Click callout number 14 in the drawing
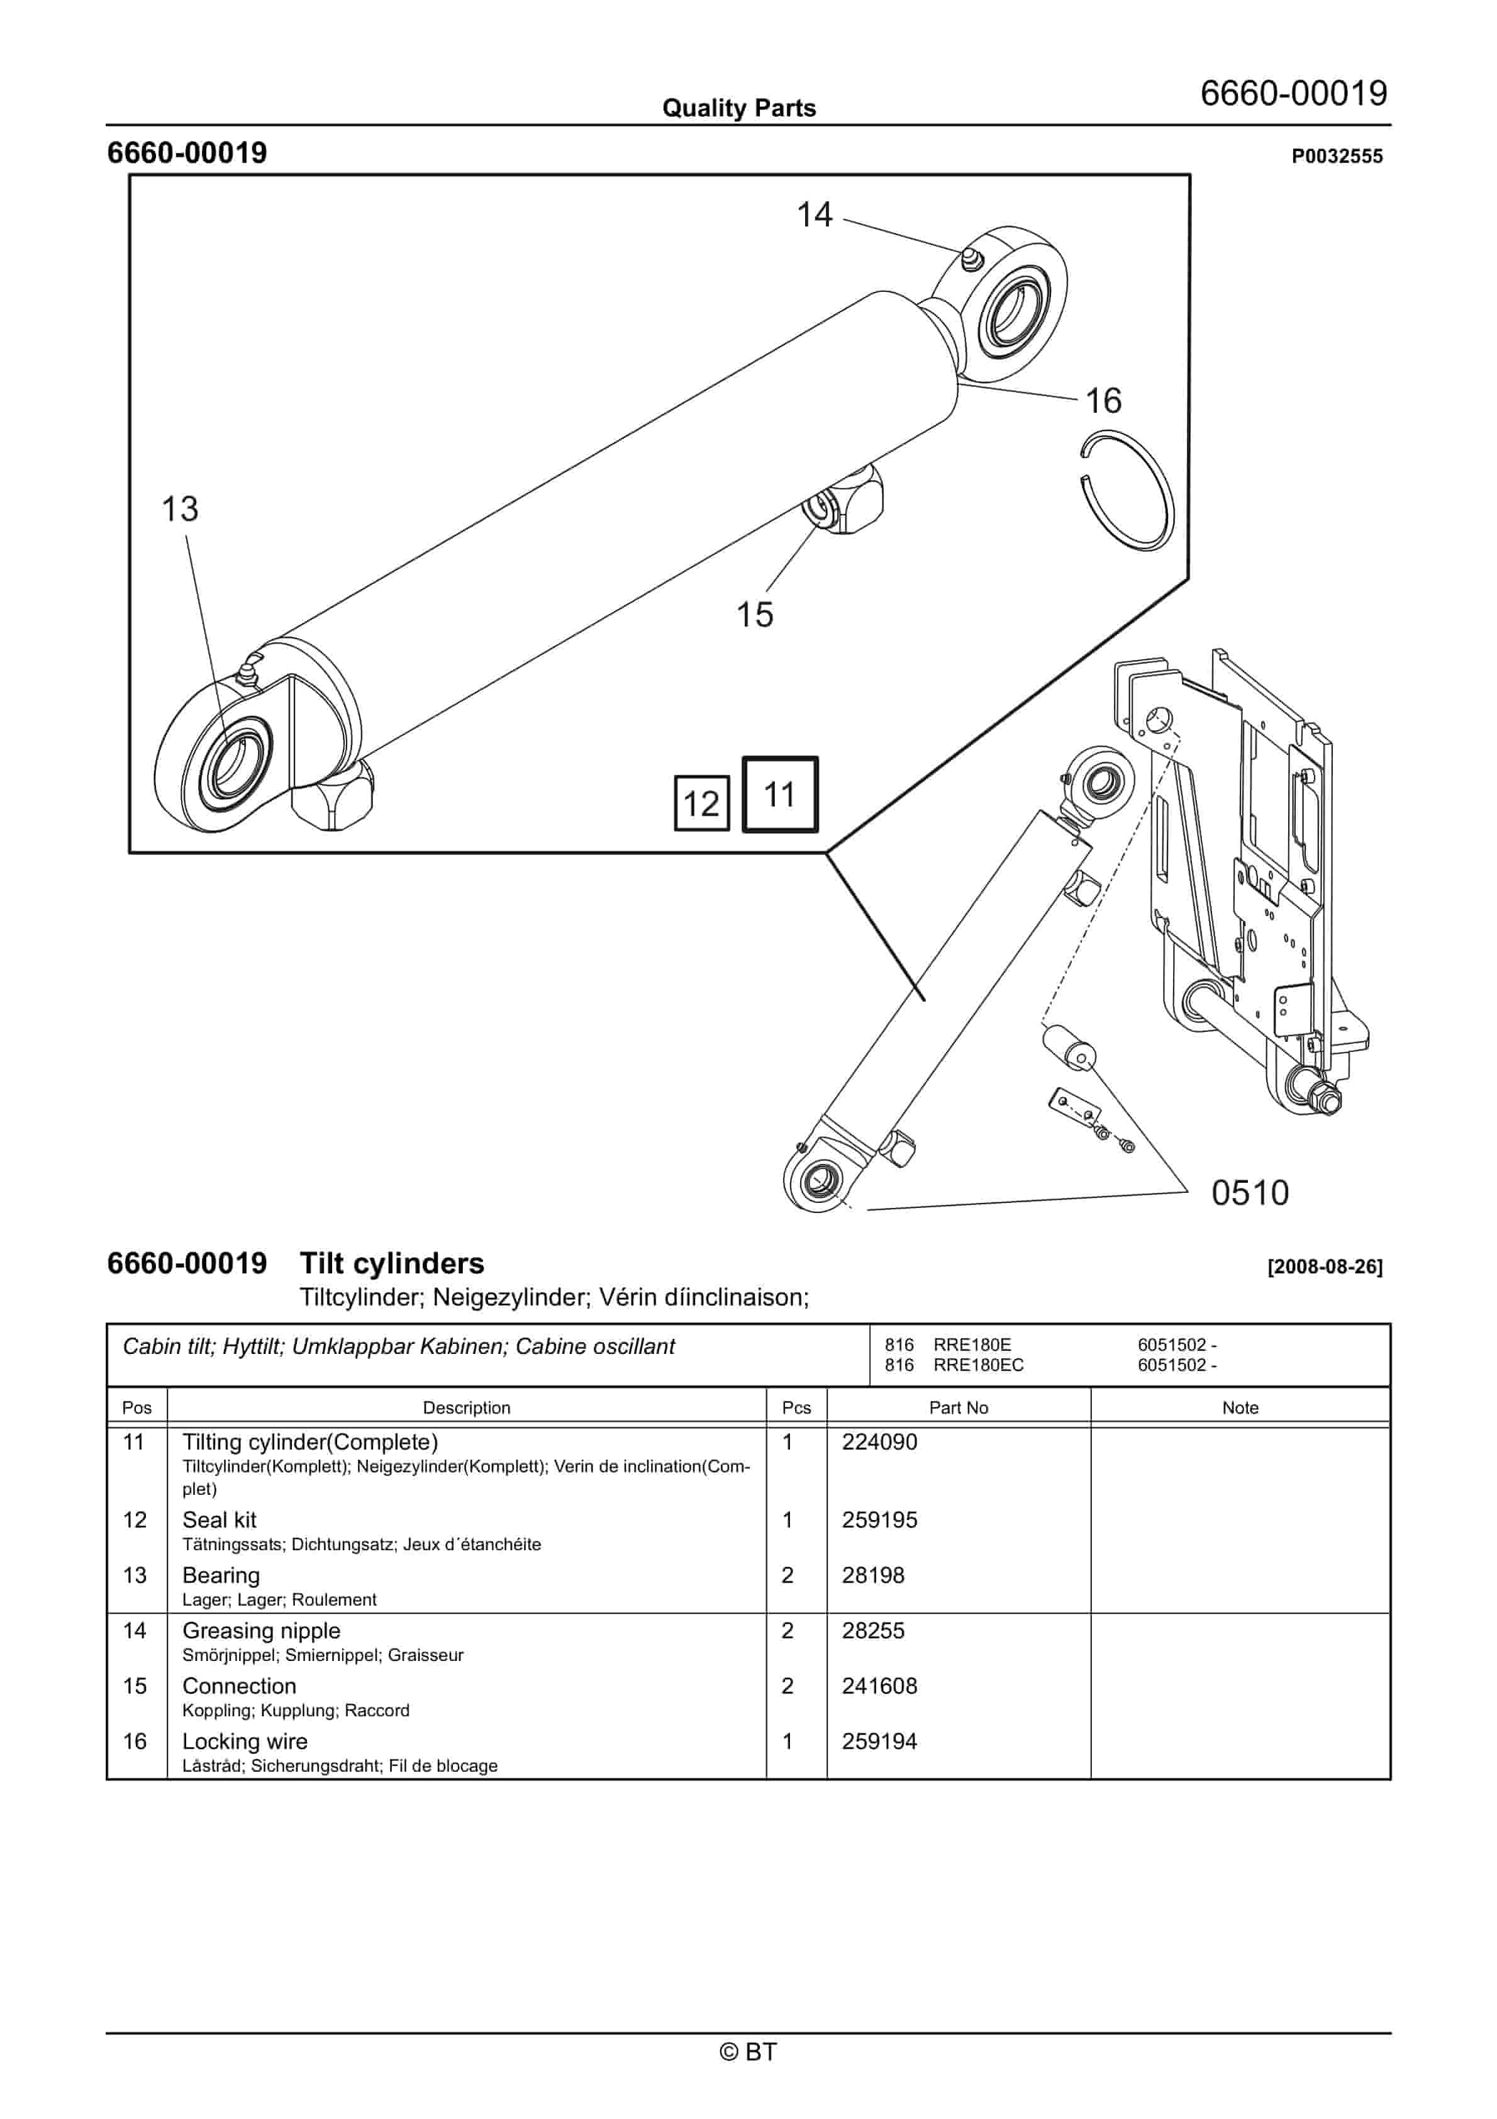coord(814,215)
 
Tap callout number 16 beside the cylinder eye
coord(1103,401)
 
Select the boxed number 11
coord(780,795)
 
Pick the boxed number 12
coord(701,804)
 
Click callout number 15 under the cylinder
coord(754,615)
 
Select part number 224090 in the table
coord(879,1441)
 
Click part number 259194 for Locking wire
coord(879,1742)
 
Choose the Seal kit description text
coord(220,1520)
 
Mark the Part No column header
coord(958,1407)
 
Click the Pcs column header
coord(796,1407)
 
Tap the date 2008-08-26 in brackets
coord(1325,1267)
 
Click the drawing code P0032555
coord(1337,156)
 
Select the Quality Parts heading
coord(738,108)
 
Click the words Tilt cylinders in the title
coord(391,1263)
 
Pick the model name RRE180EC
coord(978,1365)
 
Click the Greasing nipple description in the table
coord(261,1631)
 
